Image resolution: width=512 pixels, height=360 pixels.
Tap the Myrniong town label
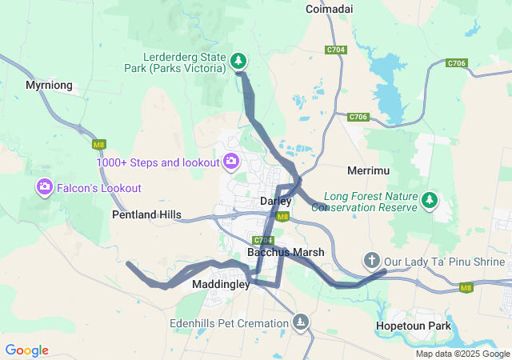49,85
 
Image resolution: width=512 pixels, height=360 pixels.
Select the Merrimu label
369,171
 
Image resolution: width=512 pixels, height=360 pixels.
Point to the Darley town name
275,202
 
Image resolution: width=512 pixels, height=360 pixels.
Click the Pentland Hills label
146,215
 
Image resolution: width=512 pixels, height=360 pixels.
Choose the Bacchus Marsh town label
286,252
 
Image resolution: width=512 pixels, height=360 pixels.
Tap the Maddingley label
221,284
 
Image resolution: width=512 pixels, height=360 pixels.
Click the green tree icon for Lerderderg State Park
238,60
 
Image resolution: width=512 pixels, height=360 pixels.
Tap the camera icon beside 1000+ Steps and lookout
231,162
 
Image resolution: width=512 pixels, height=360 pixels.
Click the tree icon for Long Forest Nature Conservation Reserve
430,199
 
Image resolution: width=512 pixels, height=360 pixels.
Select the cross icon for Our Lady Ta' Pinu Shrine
371,260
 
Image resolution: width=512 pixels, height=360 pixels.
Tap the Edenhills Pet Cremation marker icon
300,322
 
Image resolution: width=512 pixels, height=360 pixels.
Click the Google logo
26,350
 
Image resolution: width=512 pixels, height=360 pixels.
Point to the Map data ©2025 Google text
462,354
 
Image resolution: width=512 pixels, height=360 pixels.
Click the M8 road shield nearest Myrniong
99,145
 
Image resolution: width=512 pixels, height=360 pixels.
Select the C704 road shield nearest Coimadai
336,50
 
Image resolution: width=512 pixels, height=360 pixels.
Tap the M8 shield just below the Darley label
282,216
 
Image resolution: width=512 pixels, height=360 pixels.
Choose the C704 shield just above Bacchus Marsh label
262,240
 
